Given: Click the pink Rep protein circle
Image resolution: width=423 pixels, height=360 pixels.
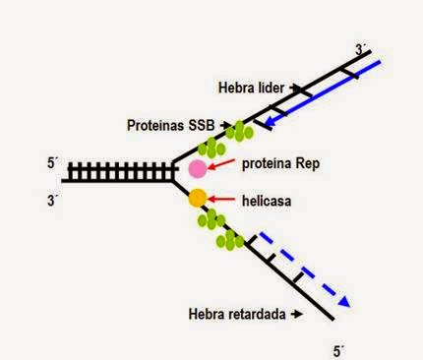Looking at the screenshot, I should (197, 168).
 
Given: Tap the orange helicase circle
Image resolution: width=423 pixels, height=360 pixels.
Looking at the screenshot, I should (197, 199).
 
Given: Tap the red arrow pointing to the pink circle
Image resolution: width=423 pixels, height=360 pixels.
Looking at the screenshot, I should (224, 165).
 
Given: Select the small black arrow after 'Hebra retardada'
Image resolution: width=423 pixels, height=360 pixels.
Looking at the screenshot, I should (296, 315).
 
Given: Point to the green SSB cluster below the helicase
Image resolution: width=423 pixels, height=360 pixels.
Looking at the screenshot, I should (218, 230).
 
